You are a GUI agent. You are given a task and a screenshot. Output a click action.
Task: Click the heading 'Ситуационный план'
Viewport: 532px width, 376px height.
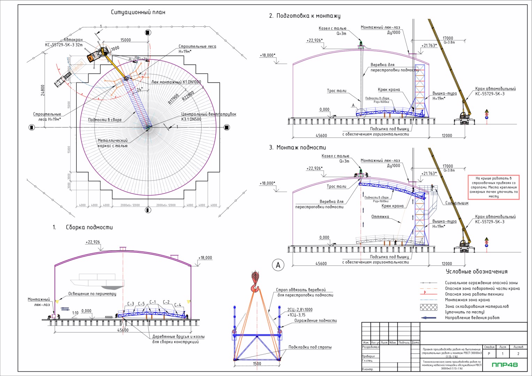point(138,12)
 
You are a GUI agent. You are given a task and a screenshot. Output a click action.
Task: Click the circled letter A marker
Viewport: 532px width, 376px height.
point(278,265)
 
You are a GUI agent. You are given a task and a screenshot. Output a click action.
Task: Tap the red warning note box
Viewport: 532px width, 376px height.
point(494,187)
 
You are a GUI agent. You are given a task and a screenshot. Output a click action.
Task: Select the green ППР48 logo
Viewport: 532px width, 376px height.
point(505,365)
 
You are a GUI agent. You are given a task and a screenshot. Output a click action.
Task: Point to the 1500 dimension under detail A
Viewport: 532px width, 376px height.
point(257,364)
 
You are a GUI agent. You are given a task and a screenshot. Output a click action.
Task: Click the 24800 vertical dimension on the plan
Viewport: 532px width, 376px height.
point(43,90)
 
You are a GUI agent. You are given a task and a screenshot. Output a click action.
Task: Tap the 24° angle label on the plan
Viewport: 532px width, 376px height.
point(139,89)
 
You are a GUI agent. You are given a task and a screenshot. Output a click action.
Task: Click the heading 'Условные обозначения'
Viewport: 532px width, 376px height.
point(477,272)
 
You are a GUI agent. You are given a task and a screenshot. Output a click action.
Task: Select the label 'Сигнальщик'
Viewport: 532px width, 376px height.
point(457,203)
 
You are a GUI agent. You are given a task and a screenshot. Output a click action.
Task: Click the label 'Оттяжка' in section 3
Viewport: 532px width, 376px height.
point(380,217)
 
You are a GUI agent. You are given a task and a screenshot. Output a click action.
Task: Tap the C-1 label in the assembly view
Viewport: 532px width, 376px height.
point(153,302)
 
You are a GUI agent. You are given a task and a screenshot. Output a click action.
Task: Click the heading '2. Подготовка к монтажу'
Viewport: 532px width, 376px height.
point(304,16)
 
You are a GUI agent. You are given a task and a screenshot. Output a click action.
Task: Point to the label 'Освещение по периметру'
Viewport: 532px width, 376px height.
point(92,294)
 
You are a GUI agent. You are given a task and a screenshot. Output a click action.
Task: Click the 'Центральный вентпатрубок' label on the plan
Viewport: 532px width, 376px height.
point(208,114)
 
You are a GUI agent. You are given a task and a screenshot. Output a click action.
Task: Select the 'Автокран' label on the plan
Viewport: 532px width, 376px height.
point(73,40)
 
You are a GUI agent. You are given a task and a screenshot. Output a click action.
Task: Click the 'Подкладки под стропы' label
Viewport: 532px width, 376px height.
point(310,347)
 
